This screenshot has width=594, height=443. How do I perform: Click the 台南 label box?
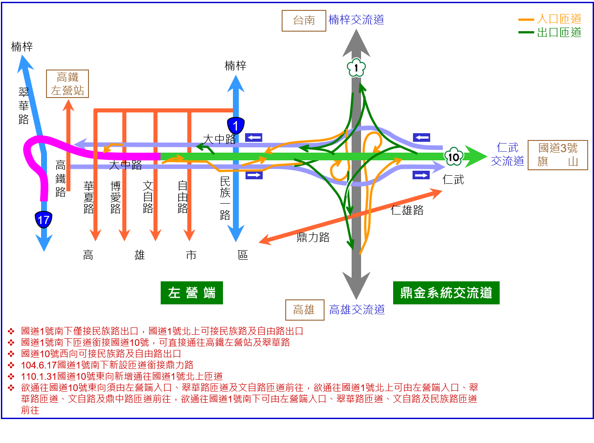click(x=304, y=21)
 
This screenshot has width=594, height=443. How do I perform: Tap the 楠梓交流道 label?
click(x=357, y=20)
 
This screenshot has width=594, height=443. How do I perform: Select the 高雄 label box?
click(x=305, y=310)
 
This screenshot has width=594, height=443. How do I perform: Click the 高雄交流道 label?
click(x=357, y=310)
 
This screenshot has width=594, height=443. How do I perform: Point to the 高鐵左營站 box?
click(x=67, y=84)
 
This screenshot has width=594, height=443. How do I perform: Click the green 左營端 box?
click(x=192, y=293)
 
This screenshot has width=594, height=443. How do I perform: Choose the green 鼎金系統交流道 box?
click(x=446, y=293)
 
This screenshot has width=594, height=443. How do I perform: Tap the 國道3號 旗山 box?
click(x=557, y=155)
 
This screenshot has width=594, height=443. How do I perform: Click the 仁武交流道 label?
click(x=507, y=154)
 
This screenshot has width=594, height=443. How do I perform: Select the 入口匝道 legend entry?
click(x=550, y=19)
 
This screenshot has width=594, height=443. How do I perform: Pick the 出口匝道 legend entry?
click(x=550, y=33)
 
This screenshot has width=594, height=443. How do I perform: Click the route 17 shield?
click(x=44, y=220)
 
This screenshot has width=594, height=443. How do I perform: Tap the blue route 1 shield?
click(x=236, y=126)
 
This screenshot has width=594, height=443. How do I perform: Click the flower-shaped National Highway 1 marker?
click(x=356, y=68)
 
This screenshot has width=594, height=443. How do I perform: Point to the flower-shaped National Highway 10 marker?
click(x=454, y=157)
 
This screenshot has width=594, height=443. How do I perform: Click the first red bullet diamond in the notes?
click(x=11, y=331)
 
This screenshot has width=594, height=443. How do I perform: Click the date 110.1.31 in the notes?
click(x=39, y=377)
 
